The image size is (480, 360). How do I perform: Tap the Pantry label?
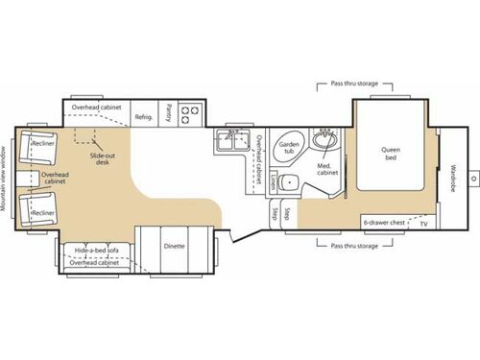click(x=169, y=113)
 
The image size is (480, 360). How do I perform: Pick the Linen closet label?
click(x=273, y=180)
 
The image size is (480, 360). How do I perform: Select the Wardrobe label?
click(x=453, y=181)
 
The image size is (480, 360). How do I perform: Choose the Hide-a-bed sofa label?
click(x=97, y=251)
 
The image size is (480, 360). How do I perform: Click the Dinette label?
click(x=173, y=246)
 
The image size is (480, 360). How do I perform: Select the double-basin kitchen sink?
click(x=229, y=143)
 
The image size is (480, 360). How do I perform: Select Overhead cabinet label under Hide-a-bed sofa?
click(x=100, y=264)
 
